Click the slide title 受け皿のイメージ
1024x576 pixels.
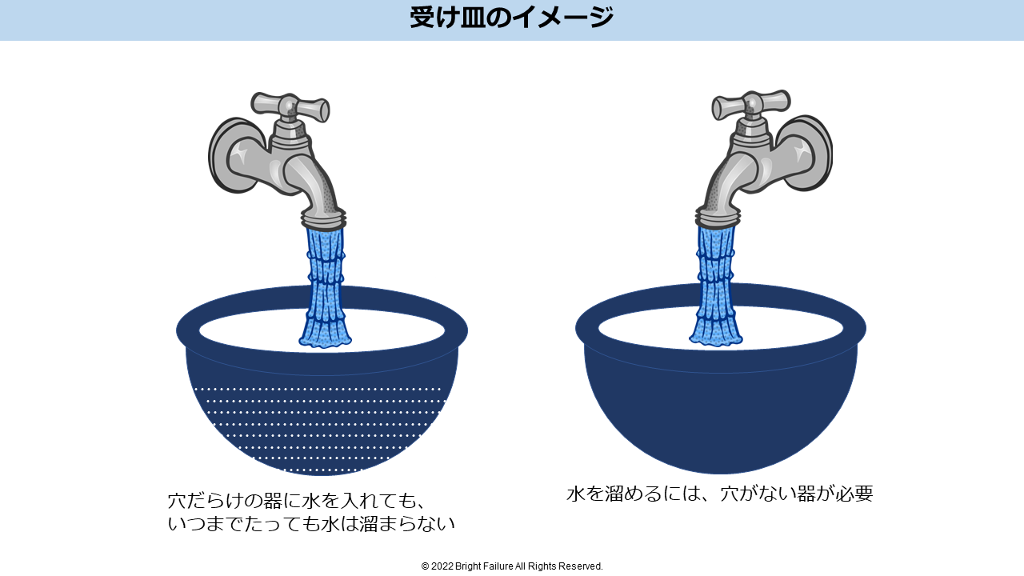[x=511, y=18]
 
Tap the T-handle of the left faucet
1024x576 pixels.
[x=290, y=107]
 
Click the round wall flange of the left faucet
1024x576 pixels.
[x=233, y=155]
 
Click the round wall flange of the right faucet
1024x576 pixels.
[x=807, y=153]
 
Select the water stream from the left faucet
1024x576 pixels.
[x=325, y=287]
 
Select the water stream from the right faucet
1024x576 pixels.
[x=716, y=286]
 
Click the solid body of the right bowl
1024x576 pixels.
[x=721, y=411]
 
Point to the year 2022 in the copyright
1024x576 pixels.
[x=442, y=566]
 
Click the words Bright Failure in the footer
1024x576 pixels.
[x=484, y=566]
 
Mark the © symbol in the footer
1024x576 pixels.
[x=425, y=566]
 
